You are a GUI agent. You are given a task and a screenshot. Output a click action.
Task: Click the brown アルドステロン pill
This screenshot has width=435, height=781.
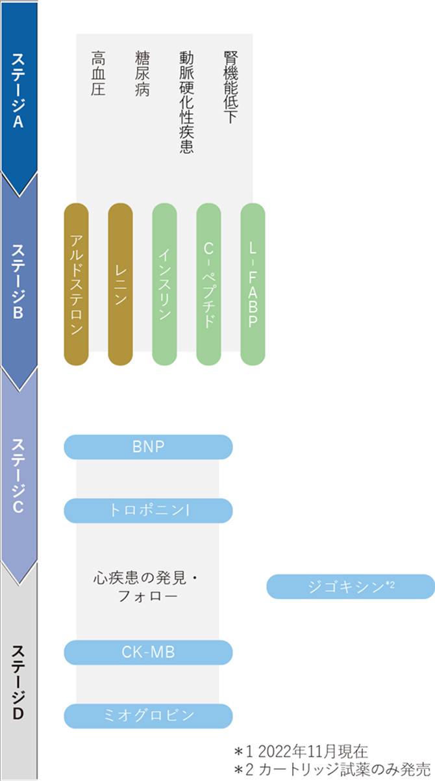pyautogui.click(x=76, y=284)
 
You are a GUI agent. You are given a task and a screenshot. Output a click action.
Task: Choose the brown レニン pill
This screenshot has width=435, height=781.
pyautogui.click(x=120, y=284)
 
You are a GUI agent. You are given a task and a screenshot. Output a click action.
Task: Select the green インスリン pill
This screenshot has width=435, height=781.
pyautogui.click(x=164, y=284)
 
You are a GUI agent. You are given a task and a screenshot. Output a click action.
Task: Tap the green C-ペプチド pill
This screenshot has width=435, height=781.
pyautogui.click(x=208, y=284)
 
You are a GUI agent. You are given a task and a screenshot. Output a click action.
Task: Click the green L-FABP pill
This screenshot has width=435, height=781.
pyautogui.click(x=253, y=284)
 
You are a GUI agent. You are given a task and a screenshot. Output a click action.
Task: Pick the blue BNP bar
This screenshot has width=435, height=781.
pyautogui.click(x=148, y=446)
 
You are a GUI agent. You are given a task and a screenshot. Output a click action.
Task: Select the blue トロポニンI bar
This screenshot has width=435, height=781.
pyautogui.click(x=148, y=511)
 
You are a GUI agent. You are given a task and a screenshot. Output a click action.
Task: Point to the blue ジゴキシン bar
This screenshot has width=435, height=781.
pyautogui.click(x=351, y=586)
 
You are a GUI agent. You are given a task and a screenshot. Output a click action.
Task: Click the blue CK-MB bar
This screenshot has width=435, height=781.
pyautogui.click(x=148, y=652)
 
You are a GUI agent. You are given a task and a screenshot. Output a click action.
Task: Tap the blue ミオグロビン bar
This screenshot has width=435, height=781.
pyautogui.click(x=148, y=716)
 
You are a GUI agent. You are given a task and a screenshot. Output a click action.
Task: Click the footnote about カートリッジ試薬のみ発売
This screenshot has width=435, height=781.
pyautogui.click(x=332, y=767)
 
